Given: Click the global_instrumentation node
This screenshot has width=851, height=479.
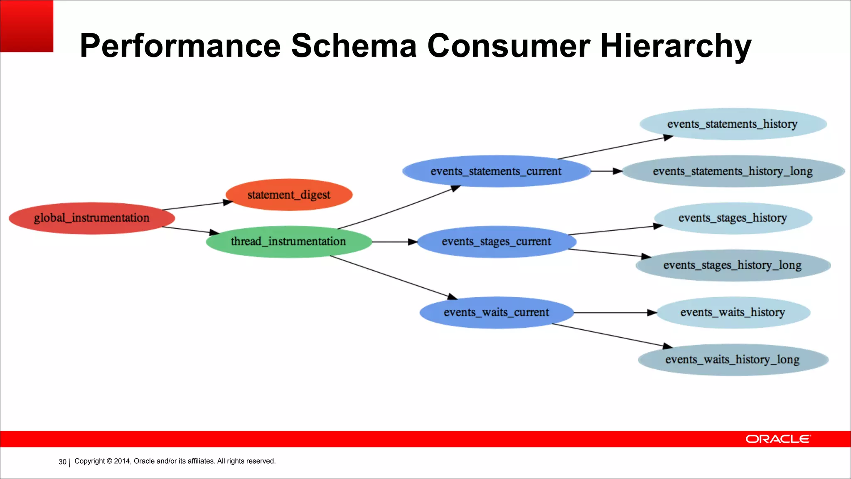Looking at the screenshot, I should pos(91,218).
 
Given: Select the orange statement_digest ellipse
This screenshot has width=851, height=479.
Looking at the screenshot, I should pos(289,195).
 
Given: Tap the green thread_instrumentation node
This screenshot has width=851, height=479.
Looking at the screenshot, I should pos(289,242).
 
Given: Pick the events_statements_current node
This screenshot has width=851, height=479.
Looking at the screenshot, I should pos(496,171).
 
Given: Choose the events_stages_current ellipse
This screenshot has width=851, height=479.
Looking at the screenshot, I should pos(496,242).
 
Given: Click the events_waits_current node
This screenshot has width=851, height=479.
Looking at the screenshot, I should pos(496,312).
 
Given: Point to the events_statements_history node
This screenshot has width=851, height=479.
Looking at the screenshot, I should pos(733,124).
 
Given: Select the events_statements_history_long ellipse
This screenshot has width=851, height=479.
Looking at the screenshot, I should pos(733,171).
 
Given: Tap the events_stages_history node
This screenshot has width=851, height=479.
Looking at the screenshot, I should pos(733,218).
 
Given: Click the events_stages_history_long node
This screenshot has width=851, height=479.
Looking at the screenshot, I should pos(733,265).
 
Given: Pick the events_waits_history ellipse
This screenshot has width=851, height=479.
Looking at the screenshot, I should pos(733,312).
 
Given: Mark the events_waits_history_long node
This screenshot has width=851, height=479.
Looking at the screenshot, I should pos(733,360).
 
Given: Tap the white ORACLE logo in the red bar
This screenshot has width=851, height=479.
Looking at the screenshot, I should pos(777,439).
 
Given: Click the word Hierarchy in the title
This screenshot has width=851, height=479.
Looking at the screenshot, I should pos(675,46).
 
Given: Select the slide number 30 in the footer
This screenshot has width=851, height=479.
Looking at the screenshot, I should pos(62,462).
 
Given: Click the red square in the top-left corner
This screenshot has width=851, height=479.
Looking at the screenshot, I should pos(27,26).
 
